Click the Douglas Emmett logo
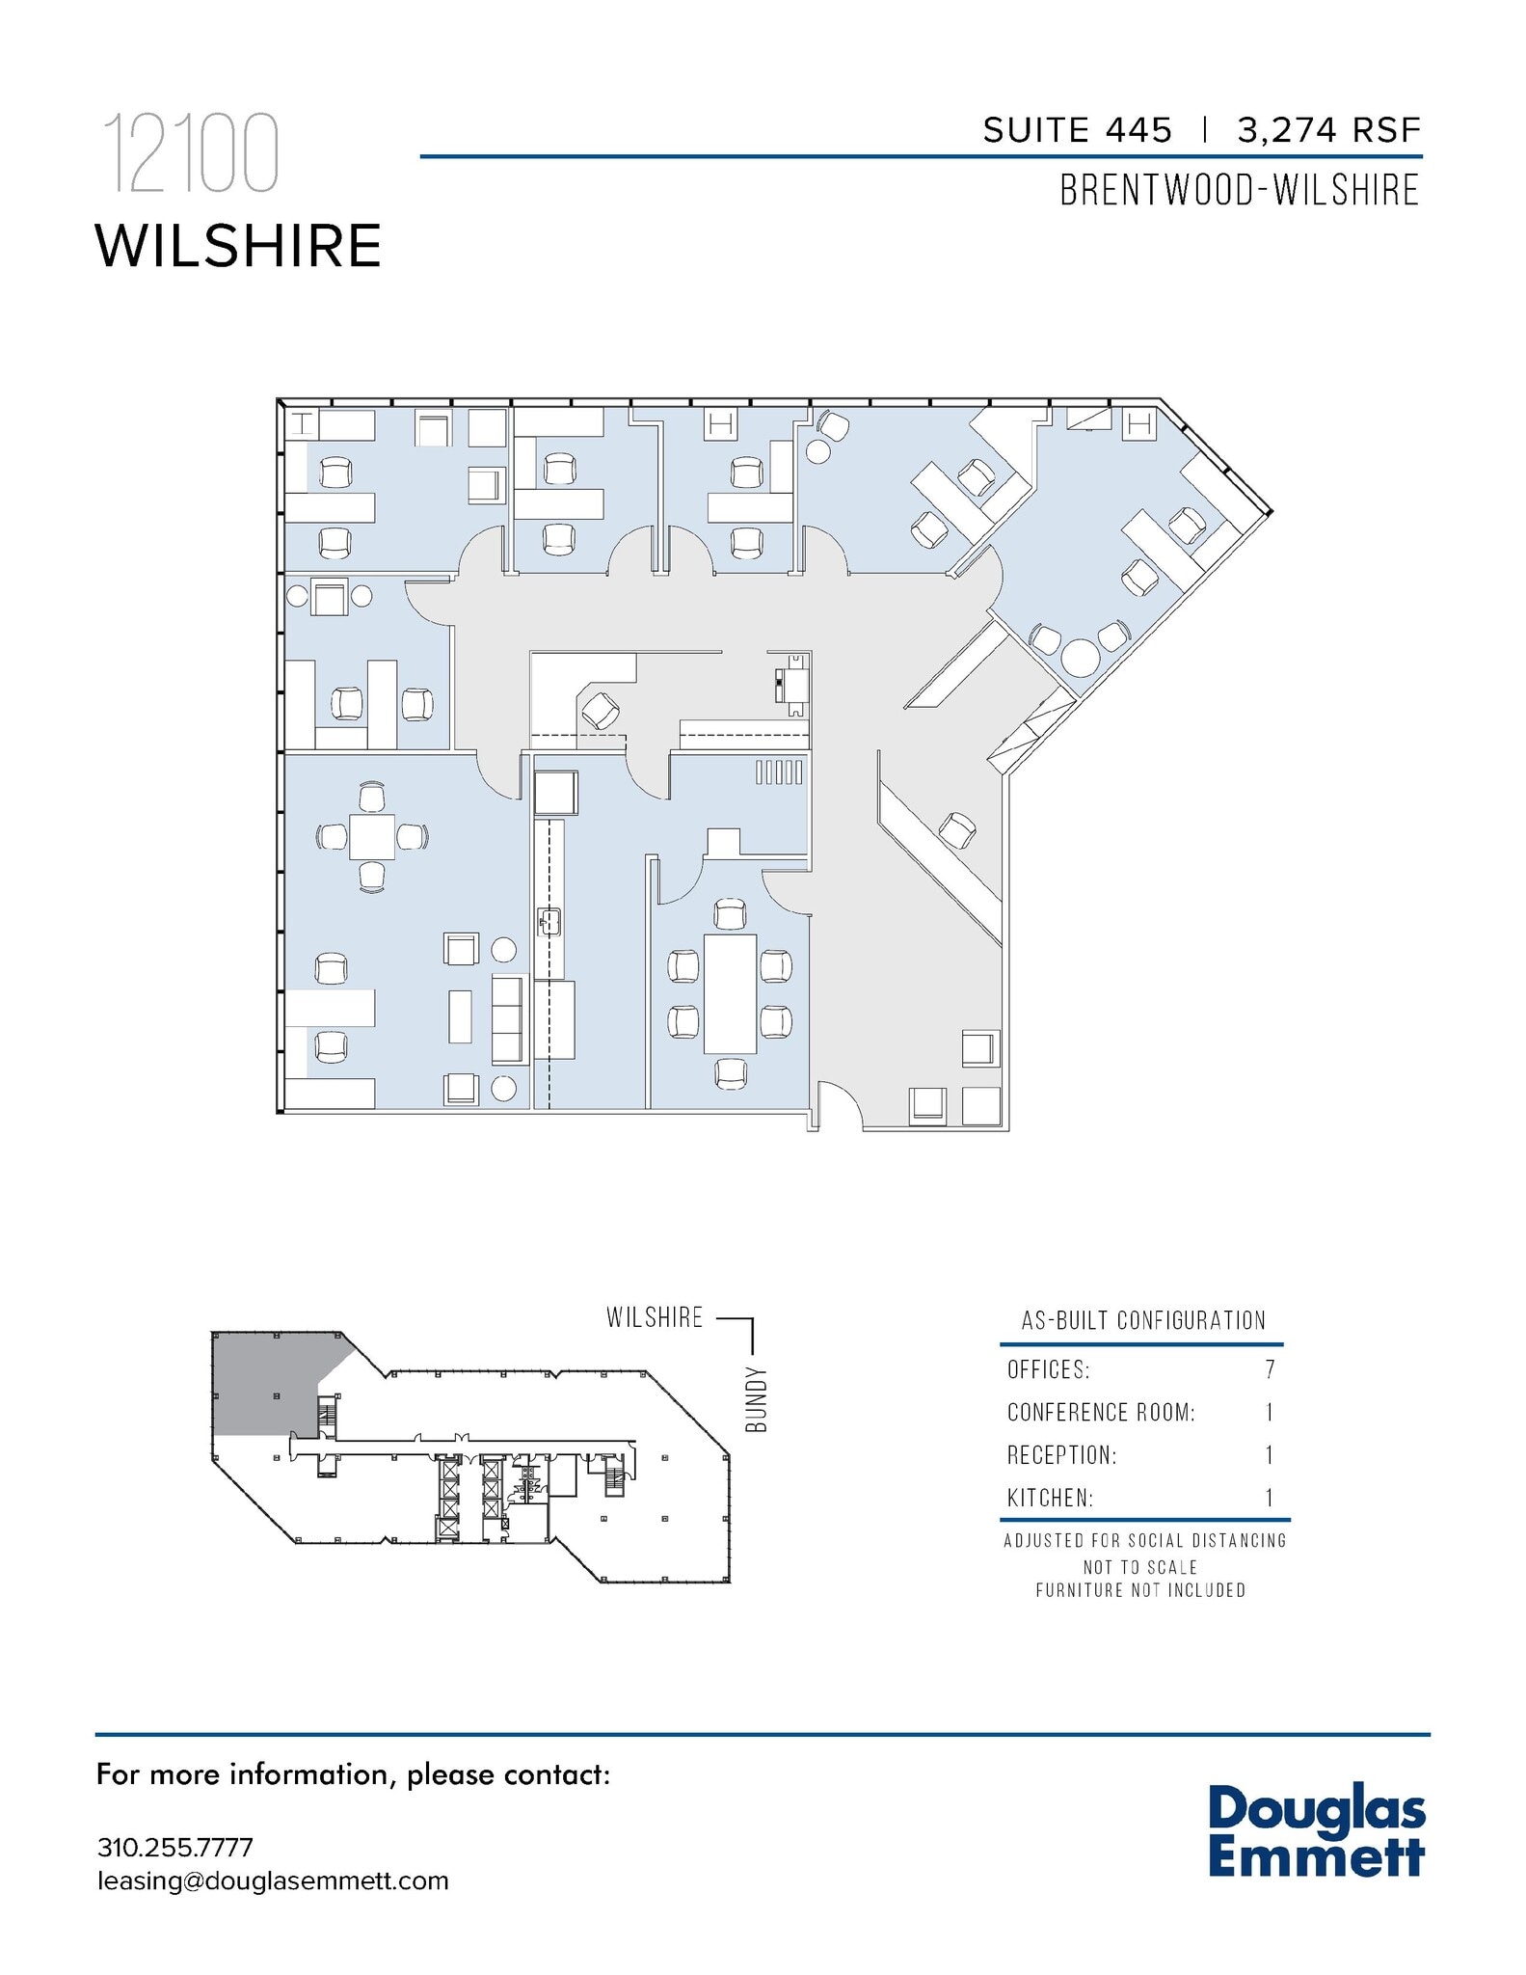pos(1316,1832)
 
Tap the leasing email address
pos(273,1880)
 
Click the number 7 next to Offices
pos(1270,1369)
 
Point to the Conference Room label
pos(1101,1413)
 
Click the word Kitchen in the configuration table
pos(1050,1498)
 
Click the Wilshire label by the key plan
pos(655,1317)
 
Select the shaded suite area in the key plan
pos(265,1384)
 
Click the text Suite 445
pos(1077,130)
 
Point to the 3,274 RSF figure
pos(1329,130)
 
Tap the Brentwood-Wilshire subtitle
pos(1240,190)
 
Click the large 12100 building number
pos(191,154)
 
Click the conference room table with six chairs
pos(730,993)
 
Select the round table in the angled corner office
pos(1080,659)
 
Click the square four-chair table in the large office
pos(371,836)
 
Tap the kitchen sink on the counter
pos(549,922)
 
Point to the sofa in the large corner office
pos(507,1018)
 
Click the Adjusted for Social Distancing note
pos(1144,1540)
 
